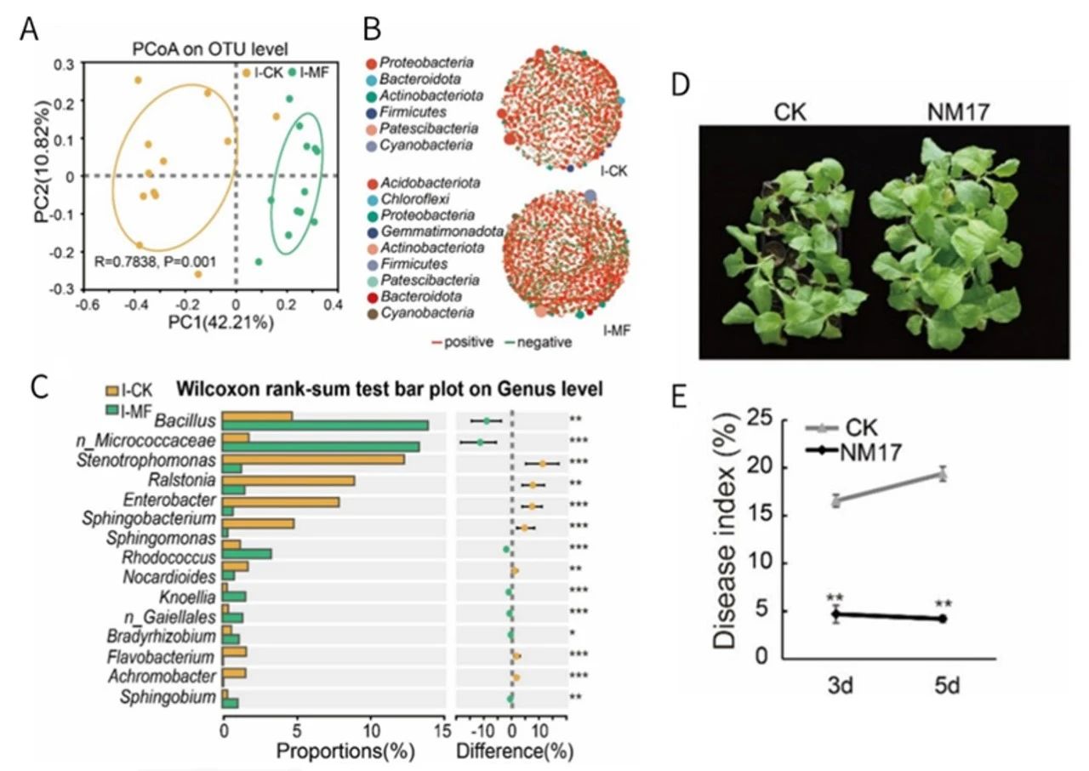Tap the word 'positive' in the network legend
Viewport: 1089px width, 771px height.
[469, 342]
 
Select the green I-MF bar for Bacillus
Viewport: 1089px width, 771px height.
[325, 425]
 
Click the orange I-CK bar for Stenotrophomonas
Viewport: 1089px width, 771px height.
[313, 460]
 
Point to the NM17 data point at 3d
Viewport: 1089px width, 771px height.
[836, 614]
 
